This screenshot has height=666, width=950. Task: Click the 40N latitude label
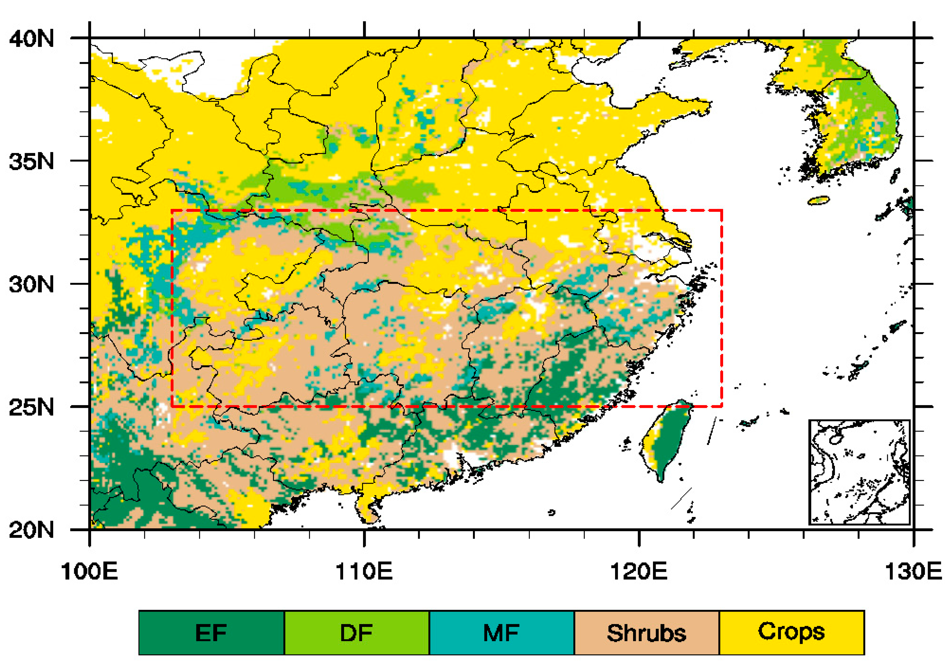[31, 39]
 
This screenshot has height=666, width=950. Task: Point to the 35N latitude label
[31, 162]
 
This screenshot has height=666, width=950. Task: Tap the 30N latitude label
[31, 284]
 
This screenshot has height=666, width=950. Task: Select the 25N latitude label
[31, 408]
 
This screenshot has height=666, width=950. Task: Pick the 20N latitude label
[31, 530]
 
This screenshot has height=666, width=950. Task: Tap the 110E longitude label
[364, 572]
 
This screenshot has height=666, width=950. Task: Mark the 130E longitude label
[914, 572]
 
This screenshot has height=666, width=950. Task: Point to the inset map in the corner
[859, 472]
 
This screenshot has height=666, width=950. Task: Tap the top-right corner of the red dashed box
[722, 210]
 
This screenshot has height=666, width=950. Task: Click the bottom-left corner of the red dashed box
[172, 407]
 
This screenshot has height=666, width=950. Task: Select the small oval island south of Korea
[819, 200]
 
